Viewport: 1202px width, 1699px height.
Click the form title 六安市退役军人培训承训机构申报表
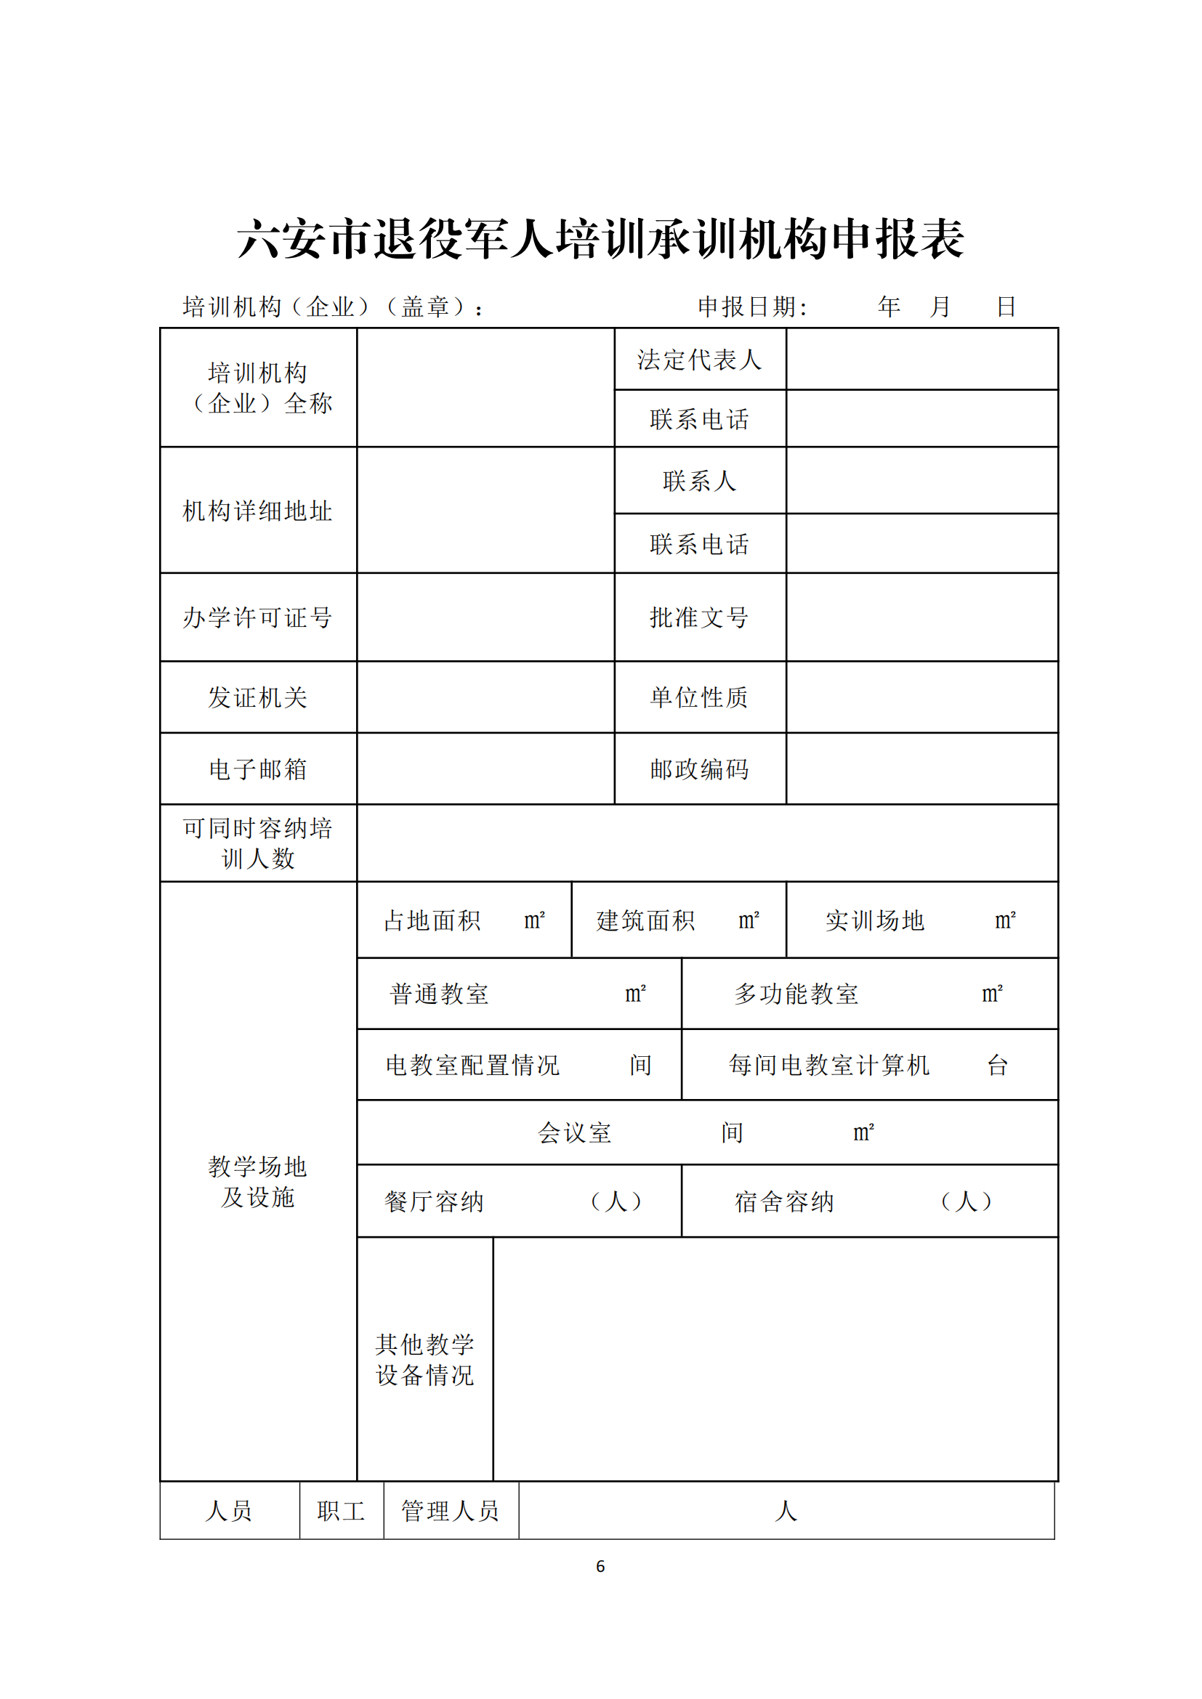600,239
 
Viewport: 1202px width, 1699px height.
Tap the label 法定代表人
699,360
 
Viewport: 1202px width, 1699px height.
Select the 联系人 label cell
699,481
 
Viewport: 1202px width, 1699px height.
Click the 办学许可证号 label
257,617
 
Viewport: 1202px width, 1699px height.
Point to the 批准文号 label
699,617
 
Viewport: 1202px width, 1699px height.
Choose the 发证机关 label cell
257,697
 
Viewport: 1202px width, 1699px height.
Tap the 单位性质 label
699,697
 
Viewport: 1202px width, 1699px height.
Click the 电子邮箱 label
257,769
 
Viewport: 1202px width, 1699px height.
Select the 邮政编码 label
699,769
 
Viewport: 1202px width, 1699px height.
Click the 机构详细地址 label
257,511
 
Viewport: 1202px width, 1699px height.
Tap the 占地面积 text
432,920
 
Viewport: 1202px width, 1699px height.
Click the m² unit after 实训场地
1004,920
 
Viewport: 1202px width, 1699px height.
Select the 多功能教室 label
796,994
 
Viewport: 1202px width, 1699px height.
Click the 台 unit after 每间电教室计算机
997,1066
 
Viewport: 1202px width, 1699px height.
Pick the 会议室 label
574,1133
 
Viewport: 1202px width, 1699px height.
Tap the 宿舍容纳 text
785,1201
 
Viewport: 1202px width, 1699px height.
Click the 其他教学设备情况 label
425,1359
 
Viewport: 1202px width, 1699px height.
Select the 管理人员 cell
450,1511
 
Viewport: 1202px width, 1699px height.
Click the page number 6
600,1566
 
